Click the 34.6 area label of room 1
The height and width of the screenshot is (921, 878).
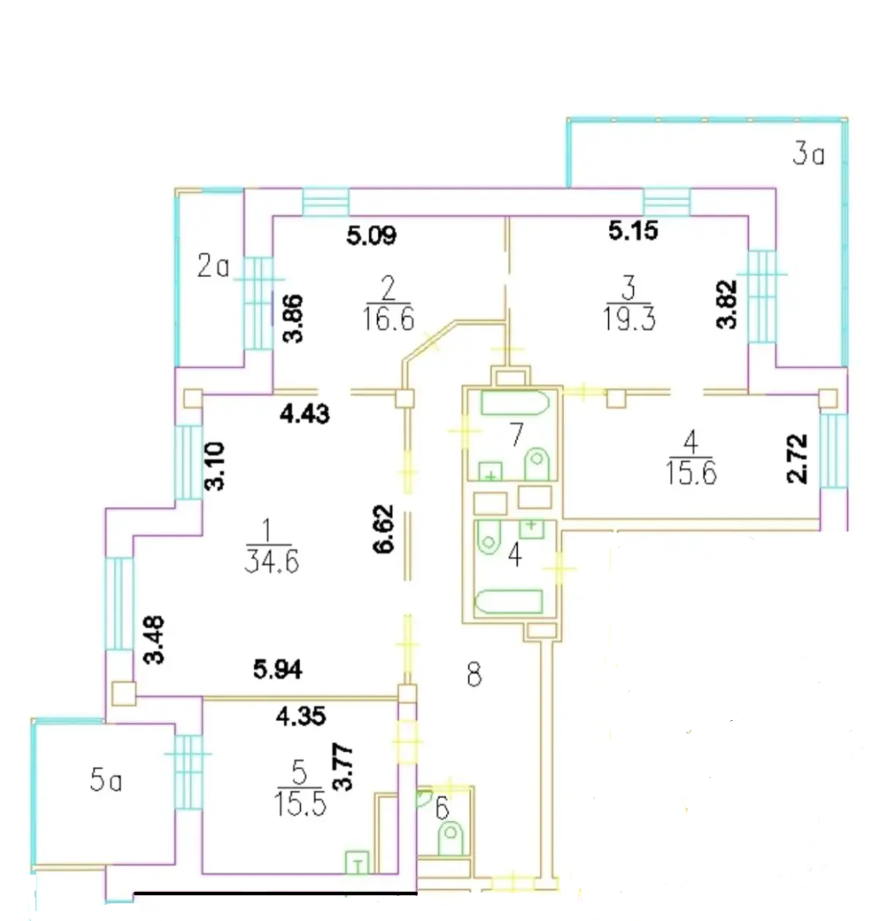click(272, 563)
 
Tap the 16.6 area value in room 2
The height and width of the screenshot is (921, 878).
click(389, 319)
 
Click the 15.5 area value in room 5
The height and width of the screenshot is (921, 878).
click(299, 804)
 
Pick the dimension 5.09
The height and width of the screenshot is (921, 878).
click(372, 236)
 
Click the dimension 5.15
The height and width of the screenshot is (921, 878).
click(633, 231)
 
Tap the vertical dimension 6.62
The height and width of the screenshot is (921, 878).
click(383, 528)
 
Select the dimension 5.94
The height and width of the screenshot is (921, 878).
click(278, 669)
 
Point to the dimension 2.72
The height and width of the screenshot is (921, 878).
click(798, 458)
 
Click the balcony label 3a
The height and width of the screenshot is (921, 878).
click(809, 154)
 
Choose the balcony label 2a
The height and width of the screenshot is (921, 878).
click(213, 267)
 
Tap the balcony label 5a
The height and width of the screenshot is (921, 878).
click(106, 781)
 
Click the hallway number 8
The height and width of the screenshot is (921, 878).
click(475, 675)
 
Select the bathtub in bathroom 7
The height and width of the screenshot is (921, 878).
click(515, 403)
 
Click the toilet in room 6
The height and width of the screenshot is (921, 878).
click(451, 838)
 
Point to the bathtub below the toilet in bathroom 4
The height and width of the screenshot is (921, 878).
click(509, 602)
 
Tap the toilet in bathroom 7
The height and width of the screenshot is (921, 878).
click(537, 465)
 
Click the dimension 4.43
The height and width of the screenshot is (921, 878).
click(304, 415)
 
